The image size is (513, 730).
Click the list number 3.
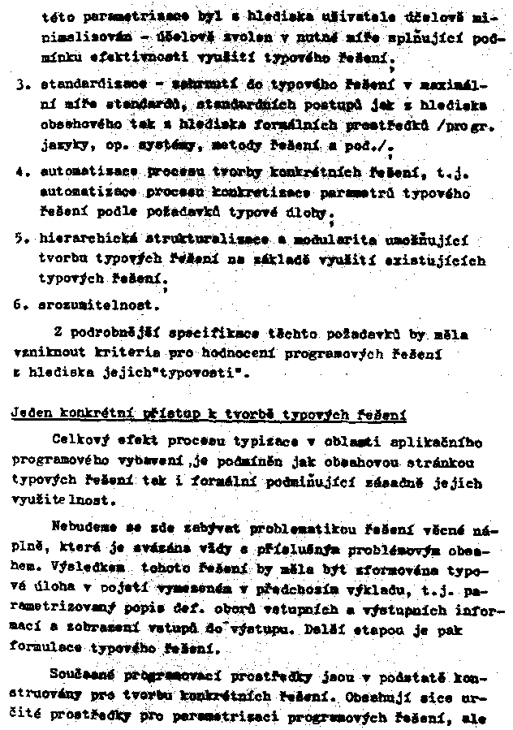point(18,84)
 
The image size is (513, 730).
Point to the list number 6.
point(18,305)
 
